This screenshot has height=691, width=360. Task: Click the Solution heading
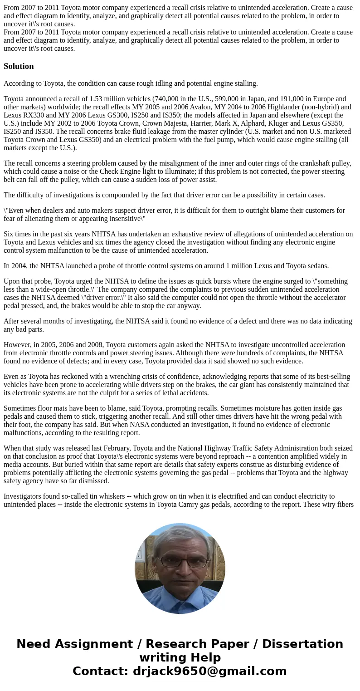19,66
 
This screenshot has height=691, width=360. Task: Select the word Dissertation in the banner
302,644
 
